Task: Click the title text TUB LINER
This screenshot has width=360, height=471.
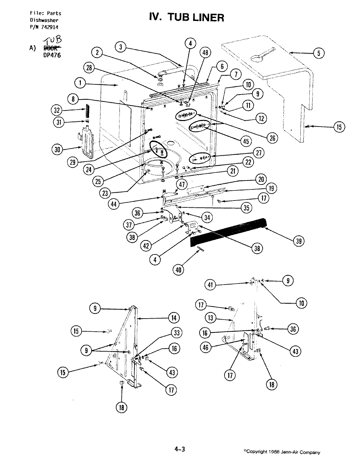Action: tap(187, 17)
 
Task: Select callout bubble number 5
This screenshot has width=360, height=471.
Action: tap(319, 53)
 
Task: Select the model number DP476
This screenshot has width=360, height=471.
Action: tap(52, 55)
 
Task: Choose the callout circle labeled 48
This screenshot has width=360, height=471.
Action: tap(206, 53)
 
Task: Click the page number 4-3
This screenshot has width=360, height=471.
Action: tap(180, 450)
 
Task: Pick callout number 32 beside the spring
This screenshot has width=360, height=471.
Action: tap(57, 110)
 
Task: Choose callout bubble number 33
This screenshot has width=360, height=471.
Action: tap(176, 333)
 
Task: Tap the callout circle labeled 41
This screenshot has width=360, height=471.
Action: tap(210, 285)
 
